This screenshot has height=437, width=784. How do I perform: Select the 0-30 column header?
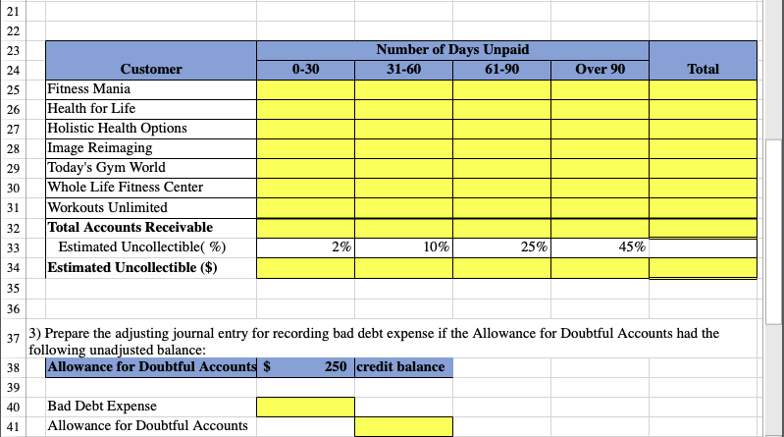point(305,70)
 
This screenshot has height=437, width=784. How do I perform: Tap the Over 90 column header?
point(600,70)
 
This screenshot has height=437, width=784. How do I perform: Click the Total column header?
point(704,70)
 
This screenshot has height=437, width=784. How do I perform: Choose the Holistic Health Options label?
point(117,129)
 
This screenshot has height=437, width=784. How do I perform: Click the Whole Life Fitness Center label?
point(125,188)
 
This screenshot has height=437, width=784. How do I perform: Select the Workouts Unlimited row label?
point(107,207)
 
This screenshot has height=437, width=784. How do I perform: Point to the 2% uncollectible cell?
point(305,247)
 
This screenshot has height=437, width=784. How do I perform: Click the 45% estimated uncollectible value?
point(600,247)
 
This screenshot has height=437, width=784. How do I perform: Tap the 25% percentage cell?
point(501,247)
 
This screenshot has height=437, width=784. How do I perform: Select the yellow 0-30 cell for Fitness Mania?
point(305,89)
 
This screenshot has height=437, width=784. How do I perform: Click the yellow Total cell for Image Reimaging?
point(704,148)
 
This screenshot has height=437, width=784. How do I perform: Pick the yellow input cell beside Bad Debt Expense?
point(305,407)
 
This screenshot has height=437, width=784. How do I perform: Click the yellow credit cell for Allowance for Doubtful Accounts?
point(403,426)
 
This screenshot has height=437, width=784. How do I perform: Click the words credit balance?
point(400,367)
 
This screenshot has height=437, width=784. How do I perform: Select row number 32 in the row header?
point(14,228)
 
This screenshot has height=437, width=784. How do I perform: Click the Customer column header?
point(150,70)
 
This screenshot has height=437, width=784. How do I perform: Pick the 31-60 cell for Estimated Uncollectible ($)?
point(403,267)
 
